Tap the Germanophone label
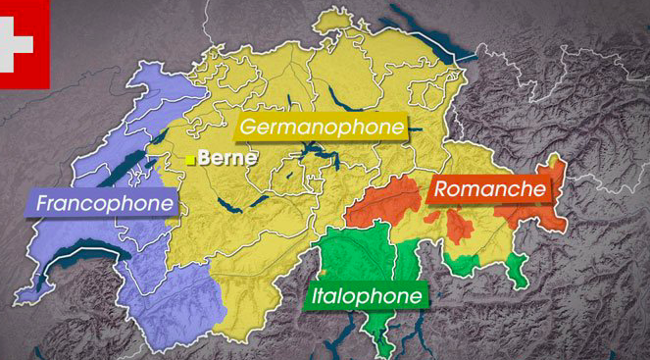(322, 127)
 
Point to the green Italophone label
(367, 295)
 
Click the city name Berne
(226, 157)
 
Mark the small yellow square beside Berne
(190, 158)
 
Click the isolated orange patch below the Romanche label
(458, 227)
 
